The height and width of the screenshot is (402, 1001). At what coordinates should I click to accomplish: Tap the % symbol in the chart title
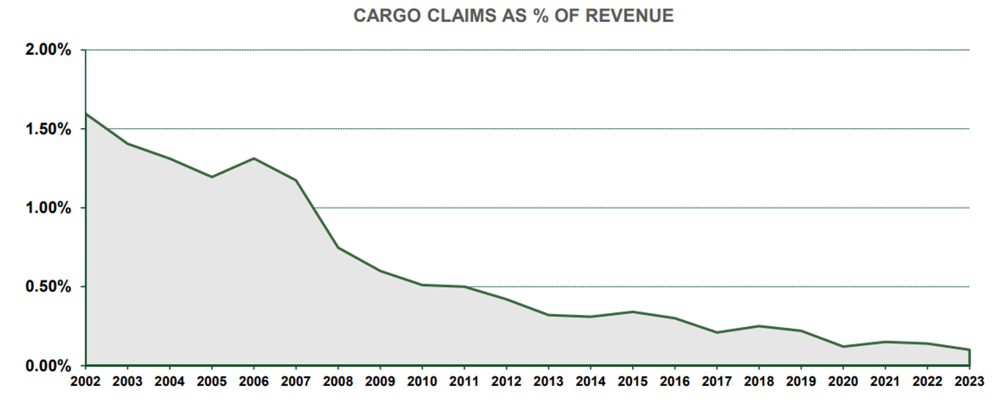click(541, 16)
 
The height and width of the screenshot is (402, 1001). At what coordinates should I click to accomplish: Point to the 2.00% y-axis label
click(48, 50)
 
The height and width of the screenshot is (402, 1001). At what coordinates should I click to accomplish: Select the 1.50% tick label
click(48, 129)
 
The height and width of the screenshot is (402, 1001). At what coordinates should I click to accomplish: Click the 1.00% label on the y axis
click(48, 208)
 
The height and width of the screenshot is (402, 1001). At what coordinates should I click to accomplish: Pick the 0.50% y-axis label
click(48, 287)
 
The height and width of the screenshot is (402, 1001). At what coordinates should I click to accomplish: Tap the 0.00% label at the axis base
click(48, 366)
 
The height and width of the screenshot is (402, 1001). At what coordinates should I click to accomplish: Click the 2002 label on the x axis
click(86, 381)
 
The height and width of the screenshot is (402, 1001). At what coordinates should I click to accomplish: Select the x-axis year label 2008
click(338, 381)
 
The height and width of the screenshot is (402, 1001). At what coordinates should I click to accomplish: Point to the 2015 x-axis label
click(633, 381)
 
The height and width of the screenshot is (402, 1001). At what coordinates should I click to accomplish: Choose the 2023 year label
click(969, 381)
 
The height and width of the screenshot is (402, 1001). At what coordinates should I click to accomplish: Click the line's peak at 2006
click(254, 159)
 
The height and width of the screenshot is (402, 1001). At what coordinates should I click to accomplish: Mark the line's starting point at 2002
click(86, 114)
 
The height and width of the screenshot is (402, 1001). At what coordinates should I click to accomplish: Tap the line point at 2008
click(338, 247)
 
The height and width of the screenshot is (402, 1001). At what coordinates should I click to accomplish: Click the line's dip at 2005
click(212, 177)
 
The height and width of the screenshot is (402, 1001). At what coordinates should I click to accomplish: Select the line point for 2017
click(717, 332)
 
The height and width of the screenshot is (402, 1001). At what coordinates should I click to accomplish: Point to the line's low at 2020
click(843, 346)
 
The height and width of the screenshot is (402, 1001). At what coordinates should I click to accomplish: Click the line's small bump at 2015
click(633, 312)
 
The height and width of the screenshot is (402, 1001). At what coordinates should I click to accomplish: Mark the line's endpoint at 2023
click(969, 350)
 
